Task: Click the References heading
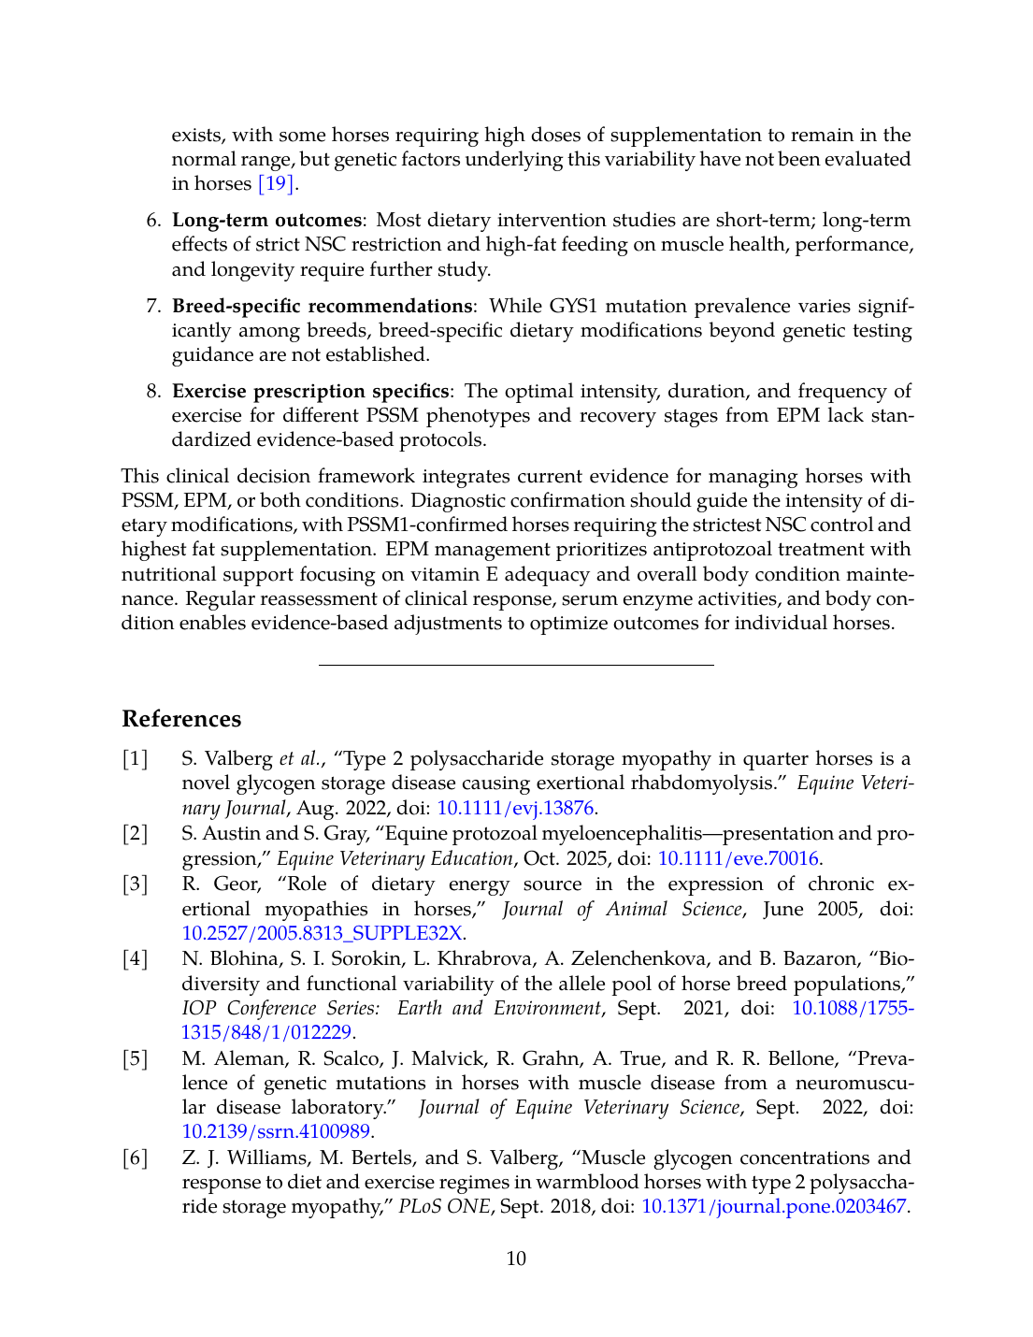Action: [181, 719]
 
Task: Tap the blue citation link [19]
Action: [276, 183]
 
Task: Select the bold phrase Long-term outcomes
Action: [266, 221]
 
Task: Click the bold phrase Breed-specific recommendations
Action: [322, 306]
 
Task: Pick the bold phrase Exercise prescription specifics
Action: [309, 391]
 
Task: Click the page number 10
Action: [516, 1258]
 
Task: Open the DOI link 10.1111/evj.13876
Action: [515, 808]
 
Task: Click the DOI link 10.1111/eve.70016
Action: [739, 858]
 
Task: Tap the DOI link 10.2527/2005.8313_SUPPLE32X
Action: [323, 933]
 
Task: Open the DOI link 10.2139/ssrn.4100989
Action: [276, 1131]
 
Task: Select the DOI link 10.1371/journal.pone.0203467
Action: [773, 1206]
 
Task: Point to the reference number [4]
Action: [136, 959]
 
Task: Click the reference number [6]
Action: [136, 1158]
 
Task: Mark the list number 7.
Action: [153, 306]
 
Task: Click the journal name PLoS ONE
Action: [444, 1206]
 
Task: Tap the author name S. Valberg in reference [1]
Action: [227, 759]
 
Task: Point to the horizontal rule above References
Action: [516, 665]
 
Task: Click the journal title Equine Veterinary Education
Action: [395, 858]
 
